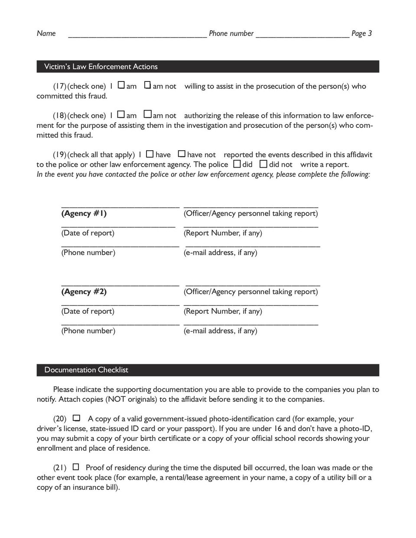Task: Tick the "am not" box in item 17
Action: coord(148,85)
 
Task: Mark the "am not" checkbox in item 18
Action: coord(148,115)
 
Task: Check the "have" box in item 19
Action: coord(150,154)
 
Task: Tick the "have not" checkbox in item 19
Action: coord(182,154)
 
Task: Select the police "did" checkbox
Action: coord(237,164)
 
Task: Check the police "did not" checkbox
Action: coord(263,164)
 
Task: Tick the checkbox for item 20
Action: coord(77,418)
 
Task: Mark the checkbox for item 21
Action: coord(76,467)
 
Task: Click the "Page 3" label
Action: coord(361,33)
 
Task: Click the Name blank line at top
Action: coord(137,36)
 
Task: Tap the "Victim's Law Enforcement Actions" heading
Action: coord(101,66)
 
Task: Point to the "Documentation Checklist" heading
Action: coord(86,370)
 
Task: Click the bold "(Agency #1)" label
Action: coord(84,214)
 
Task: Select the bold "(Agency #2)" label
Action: coord(84,292)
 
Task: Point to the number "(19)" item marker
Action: coord(59,155)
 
